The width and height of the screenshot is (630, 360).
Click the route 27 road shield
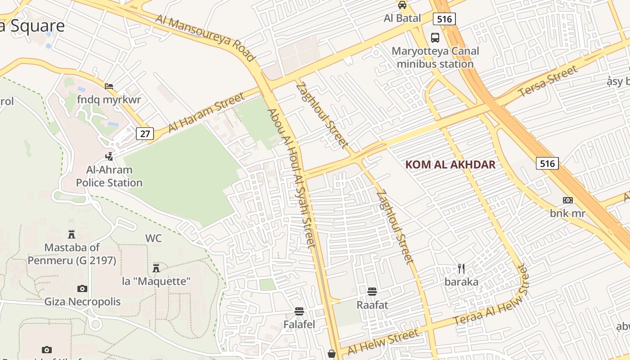(x=145, y=133)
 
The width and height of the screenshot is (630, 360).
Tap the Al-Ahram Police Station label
(x=109, y=176)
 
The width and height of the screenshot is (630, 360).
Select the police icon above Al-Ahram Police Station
(x=108, y=157)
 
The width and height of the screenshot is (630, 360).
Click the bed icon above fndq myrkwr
(x=109, y=86)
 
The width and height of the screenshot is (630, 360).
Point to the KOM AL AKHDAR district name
(x=450, y=165)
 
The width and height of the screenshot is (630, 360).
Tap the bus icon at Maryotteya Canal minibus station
(x=435, y=38)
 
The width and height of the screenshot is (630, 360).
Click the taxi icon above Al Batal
(x=402, y=5)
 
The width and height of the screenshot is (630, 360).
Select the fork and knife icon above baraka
(x=461, y=269)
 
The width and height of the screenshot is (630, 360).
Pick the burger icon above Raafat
(x=372, y=292)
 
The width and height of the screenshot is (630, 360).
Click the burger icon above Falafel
(x=299, y=311)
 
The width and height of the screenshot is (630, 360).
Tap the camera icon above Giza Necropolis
(x=82, y=288)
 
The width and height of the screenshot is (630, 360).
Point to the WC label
(x=153, y=238)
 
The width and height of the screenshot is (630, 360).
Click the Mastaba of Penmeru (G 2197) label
(x=72, y=254)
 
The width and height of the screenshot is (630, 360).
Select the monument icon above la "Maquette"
(x=156, y=268)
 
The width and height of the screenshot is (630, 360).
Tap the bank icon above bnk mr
(x=568, y=200)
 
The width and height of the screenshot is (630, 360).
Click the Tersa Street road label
(x=548, y=81)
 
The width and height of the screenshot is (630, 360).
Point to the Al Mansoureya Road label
(x=205, y=37)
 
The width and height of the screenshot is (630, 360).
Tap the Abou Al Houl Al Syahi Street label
(x=292, y=178)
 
